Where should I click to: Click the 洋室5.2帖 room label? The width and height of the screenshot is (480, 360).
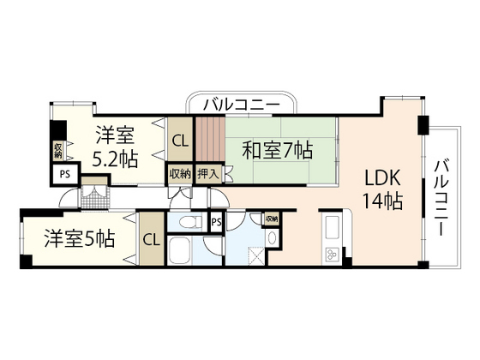(113, 146)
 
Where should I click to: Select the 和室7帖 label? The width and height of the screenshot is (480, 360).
(276, 151)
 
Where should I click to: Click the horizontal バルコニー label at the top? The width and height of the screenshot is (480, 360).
(241, 105)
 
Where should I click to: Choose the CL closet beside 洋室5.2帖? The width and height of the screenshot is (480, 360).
(180, 141)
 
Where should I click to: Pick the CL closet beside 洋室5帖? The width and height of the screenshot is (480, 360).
(151, 239)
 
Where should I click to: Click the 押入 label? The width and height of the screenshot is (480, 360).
(208, 173)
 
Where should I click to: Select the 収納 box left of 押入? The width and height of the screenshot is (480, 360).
(180, 173)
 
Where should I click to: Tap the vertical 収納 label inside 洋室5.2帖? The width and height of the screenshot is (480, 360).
(58, 152)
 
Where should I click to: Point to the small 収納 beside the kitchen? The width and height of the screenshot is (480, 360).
(271, 219)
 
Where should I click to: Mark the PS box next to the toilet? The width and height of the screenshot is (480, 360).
(217, 222)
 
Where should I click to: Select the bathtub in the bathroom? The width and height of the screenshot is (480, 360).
(182, 254)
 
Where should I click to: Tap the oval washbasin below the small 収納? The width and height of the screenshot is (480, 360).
(271, 238)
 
